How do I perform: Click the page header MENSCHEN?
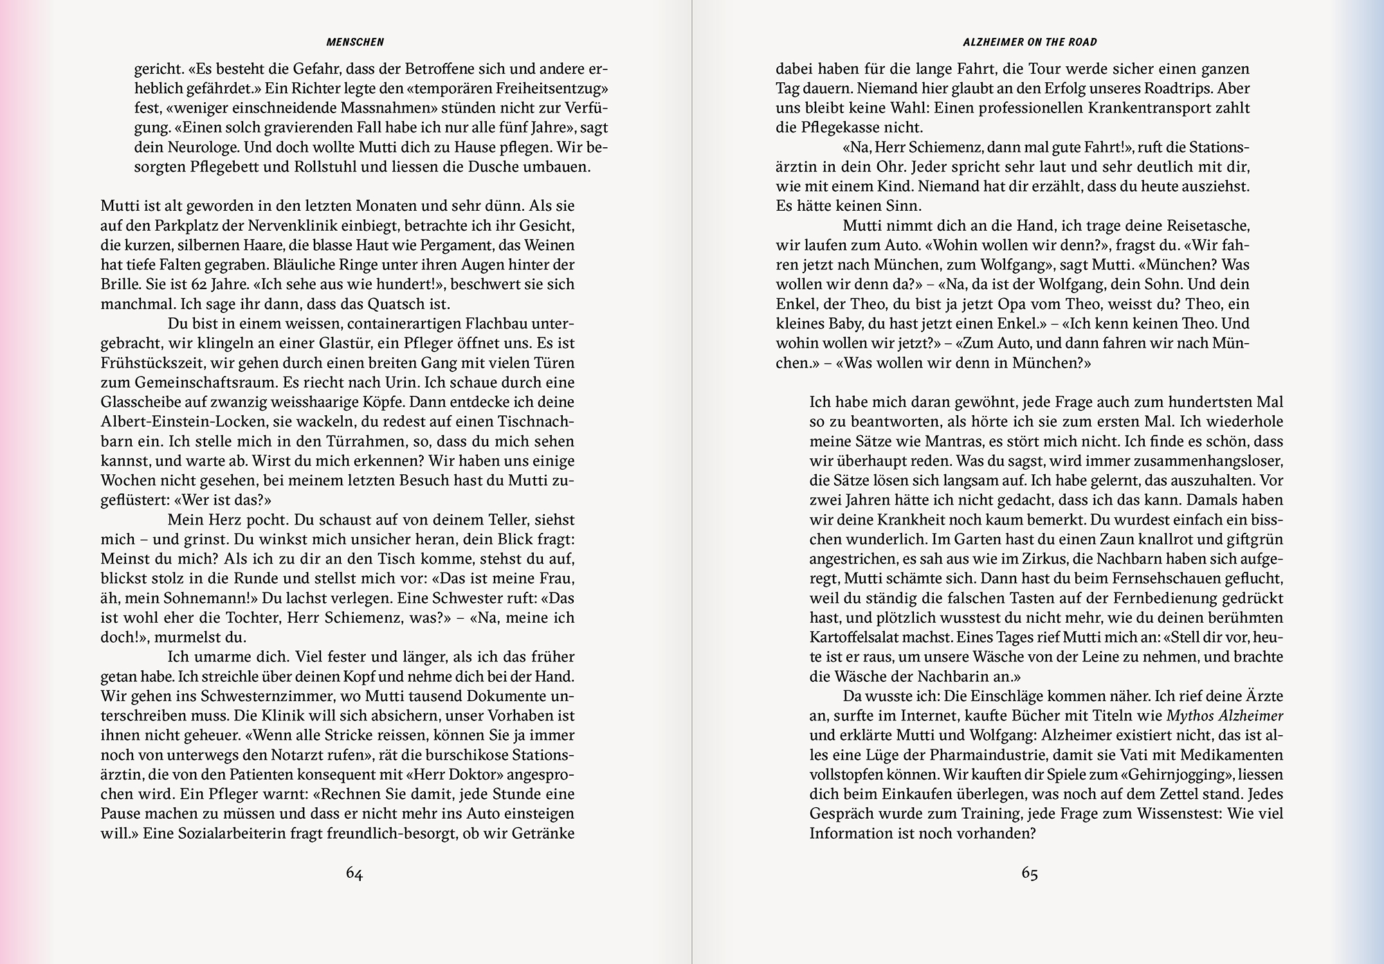(x=355, y=42)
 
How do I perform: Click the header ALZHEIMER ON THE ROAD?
(x=1030, y=42)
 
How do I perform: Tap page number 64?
(x=354, y=873)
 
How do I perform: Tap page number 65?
(x=1030, y=873)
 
